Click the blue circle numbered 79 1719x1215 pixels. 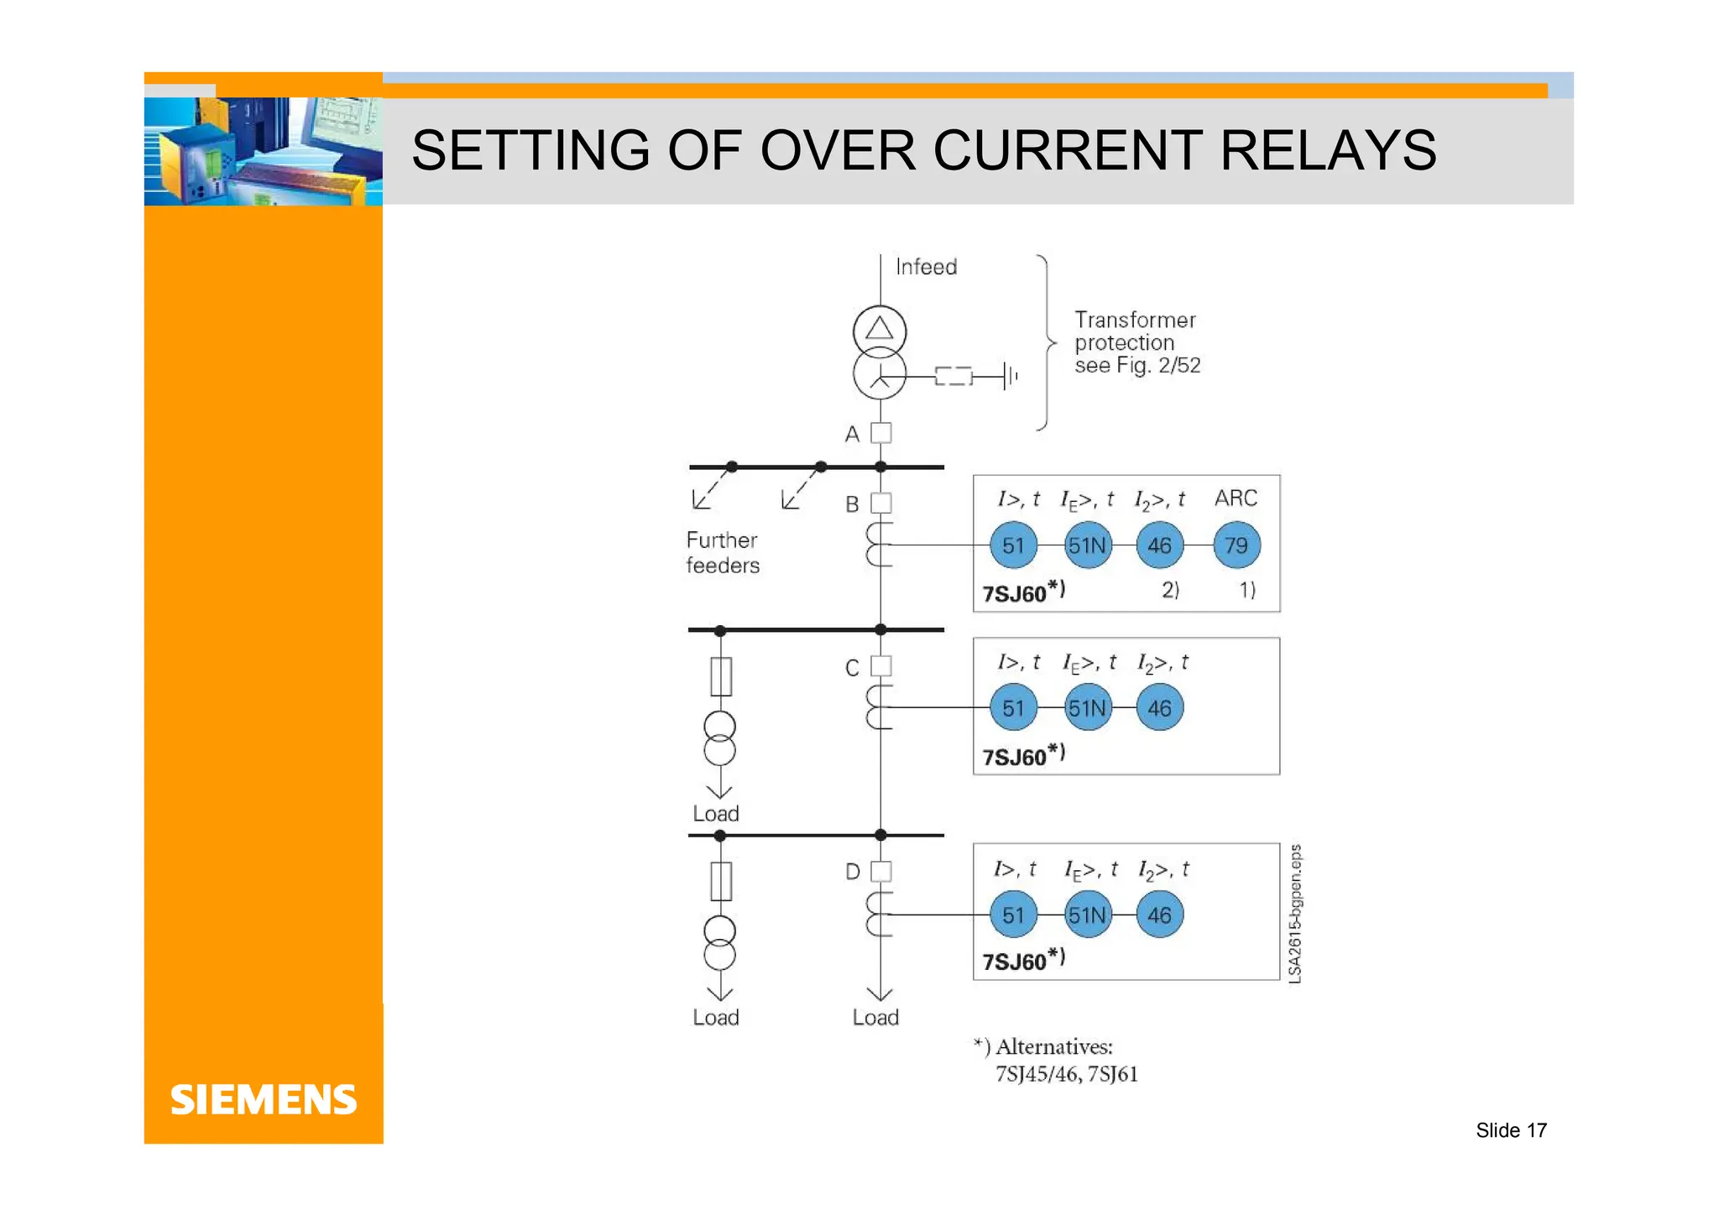[x=1236, y=545]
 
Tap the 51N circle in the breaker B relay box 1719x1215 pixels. [x=1087, y=545]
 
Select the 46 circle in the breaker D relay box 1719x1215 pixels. [x=1159, y=915]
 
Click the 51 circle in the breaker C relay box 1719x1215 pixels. [x=1013, y=708]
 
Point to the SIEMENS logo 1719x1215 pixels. [x=264, y=1100]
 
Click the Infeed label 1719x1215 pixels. [x=926, y=267]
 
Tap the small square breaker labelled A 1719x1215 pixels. [x=880, y=433]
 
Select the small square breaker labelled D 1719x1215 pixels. [x=880, y=871]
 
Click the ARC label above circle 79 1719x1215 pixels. [x=1236, y=498]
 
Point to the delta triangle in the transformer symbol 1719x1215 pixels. [x=880, y=328]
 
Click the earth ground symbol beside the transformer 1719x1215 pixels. [x=1009, y=376]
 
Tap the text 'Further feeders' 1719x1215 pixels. [x=722, y=552]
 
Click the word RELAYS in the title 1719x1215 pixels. [x=1328, y=151]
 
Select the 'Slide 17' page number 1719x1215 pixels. [x=1511, y=1130]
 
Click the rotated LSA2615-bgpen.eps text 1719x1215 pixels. [x=1295, y=913]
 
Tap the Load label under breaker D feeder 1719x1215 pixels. [x=875, y=1017]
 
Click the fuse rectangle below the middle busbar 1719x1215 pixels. [x=720, y=676]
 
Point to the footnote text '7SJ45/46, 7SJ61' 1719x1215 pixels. [x=1066, y=1074]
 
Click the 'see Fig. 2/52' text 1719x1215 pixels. [x=1137, y=365]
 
